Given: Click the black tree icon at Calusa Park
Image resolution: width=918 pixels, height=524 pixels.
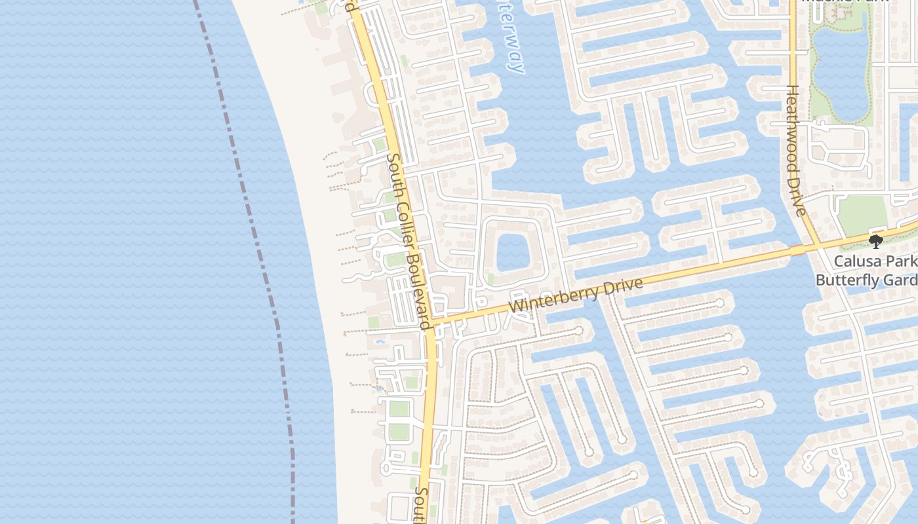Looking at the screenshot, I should point(875,242).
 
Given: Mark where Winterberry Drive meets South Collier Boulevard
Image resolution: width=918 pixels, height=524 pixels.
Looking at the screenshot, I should point(430,324).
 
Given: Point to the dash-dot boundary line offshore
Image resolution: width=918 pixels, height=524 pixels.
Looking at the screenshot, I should point(256,229).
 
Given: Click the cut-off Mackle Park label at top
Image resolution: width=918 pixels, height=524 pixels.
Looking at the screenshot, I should point(846,2).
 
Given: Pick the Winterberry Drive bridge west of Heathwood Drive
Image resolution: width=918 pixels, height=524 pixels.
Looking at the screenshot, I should point(797,250).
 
